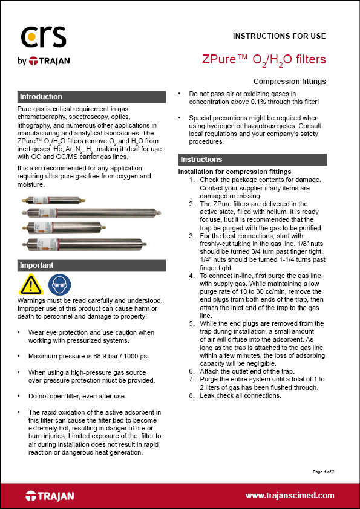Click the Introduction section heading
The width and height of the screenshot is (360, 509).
[41, 97]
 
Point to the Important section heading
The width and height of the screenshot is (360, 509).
[37, 265]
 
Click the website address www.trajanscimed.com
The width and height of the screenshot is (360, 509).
[290, 495]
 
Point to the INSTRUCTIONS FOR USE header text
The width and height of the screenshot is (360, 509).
[279, 36]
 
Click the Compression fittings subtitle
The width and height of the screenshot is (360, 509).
[289, 81]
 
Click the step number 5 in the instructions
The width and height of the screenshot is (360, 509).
[192, 323]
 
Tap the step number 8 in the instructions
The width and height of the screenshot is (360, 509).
[192, 395]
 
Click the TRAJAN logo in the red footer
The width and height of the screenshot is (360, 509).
[50, 496]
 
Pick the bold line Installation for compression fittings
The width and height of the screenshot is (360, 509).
[235, 172]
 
